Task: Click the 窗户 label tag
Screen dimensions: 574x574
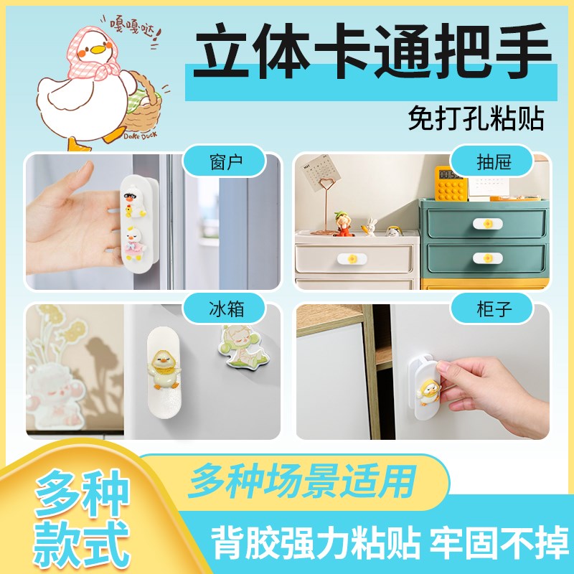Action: [223, 162]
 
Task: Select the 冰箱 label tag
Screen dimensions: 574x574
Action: [223, 310]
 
